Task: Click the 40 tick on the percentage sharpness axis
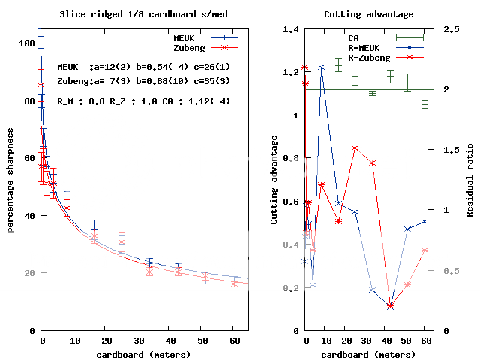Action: tap(30, 215)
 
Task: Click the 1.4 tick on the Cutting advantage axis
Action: tap(291, 30)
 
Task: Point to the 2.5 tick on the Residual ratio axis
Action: tap(446, 30)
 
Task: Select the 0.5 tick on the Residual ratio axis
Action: tap(446, 270)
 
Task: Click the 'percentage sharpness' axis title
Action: tap(10, 180)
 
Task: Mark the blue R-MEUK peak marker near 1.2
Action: tap(321, 67)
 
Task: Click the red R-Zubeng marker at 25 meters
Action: tap(355, 148)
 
